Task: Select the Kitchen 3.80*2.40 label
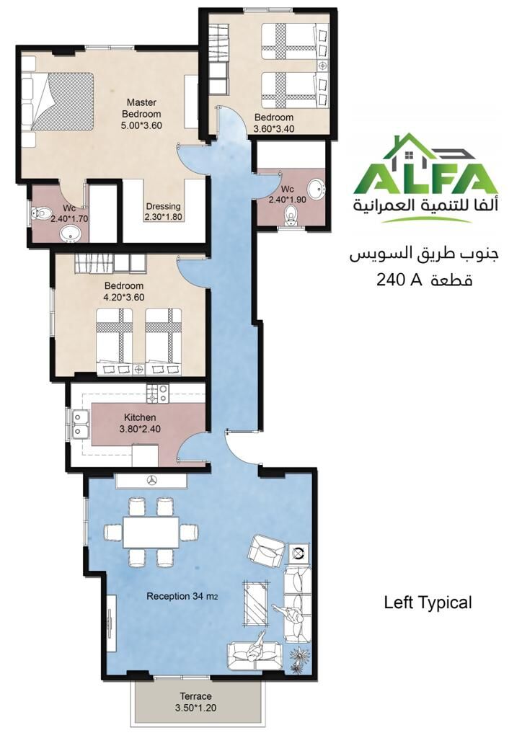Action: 140,423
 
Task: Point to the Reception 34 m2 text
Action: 182,596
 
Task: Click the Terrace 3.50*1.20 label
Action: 196,701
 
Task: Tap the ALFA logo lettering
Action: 426,179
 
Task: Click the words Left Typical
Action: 428,603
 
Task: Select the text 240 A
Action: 398,280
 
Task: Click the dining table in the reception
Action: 151,532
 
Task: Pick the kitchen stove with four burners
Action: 157,394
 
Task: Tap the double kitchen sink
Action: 80,424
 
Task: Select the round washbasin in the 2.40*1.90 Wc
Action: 316,190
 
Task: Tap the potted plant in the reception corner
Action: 298,659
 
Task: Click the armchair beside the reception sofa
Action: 267,548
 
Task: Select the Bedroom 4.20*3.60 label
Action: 124,291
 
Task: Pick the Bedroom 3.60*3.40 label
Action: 274,123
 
